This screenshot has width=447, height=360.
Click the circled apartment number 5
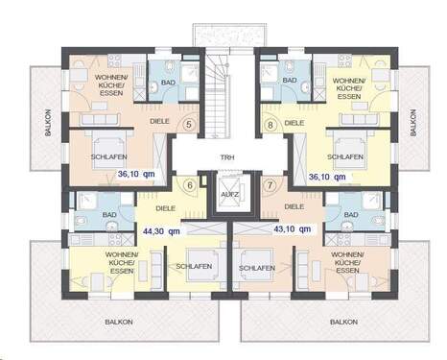(x=189, y=124)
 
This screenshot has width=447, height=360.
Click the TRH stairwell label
(x=227, y=156)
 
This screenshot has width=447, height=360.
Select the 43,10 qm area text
(x=292, y=230)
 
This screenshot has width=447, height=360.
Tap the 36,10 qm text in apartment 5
(x=135, y=176)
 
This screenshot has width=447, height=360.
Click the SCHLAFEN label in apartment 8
(x=344, y=156)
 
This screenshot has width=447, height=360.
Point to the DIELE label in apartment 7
(x=295, y=205)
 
